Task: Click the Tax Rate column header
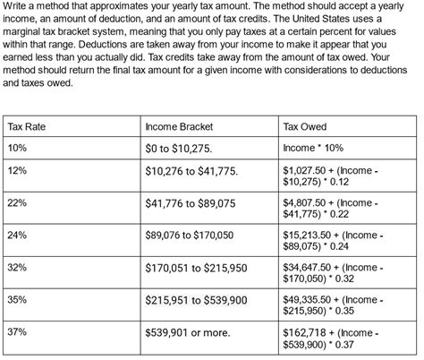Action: click(26, 126)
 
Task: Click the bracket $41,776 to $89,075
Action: click(191, 204)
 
